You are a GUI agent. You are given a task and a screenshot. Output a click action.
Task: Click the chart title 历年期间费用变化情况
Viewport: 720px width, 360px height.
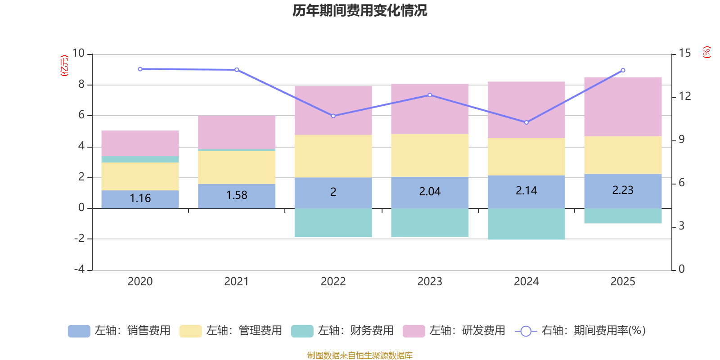pyautogui.click(x=360, y=10)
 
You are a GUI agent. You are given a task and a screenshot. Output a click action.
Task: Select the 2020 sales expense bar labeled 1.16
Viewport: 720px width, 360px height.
pyautogui.click(x=140, y=198)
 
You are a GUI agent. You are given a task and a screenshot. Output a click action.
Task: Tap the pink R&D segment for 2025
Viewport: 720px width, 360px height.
pyautogui.click(x=623, y=107)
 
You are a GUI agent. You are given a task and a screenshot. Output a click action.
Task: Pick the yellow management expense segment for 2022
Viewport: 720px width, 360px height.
pyautogui.click(x=333, y=156)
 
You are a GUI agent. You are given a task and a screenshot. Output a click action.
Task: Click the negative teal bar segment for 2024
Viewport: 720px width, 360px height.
pyautogui.click(x=526, y=224)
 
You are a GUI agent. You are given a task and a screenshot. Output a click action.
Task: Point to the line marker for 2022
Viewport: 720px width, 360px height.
pyautogui.click(x=333, y=116)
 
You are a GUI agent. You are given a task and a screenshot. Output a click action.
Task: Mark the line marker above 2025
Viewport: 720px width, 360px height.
pyautogui.click(x=623, y=70)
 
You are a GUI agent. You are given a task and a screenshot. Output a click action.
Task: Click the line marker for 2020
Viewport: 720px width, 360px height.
pyautogui.click(x=140, y=69)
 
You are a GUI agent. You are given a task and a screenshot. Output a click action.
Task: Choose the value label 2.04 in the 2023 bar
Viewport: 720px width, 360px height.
pyautogui.click(x=430, y=192)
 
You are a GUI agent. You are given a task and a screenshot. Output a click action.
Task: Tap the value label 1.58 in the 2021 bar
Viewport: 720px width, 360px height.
pyautogui.click(x=237, y=195)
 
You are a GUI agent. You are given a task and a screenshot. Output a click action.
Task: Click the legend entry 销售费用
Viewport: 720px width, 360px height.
pyautogui.click(x=119, y=331)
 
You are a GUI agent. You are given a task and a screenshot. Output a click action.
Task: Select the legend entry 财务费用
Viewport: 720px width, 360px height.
pyautogui.click(x=342, y=331)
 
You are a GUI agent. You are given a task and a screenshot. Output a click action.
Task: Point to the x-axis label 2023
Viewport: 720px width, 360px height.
pyautogui.click(x=430, y=282)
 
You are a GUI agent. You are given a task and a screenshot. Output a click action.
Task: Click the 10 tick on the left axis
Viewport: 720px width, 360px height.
pyautogui.click(x=79, y=54)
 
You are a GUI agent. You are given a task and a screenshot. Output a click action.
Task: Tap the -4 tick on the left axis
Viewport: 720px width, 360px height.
pyautogui.click(x=80, y=269)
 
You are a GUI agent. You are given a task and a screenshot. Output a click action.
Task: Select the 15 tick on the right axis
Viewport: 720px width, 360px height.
pyautogui.click(x=684, y=54)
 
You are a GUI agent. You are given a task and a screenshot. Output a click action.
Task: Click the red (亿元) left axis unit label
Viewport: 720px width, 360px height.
pyautogui.click(x=65, y=66)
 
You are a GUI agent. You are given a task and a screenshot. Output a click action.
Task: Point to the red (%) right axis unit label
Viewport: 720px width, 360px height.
pyautogui.click(x=707, y=52)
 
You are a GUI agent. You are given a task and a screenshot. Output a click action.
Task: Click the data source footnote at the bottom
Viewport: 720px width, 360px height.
pyautogui.click(x=360, y=355)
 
